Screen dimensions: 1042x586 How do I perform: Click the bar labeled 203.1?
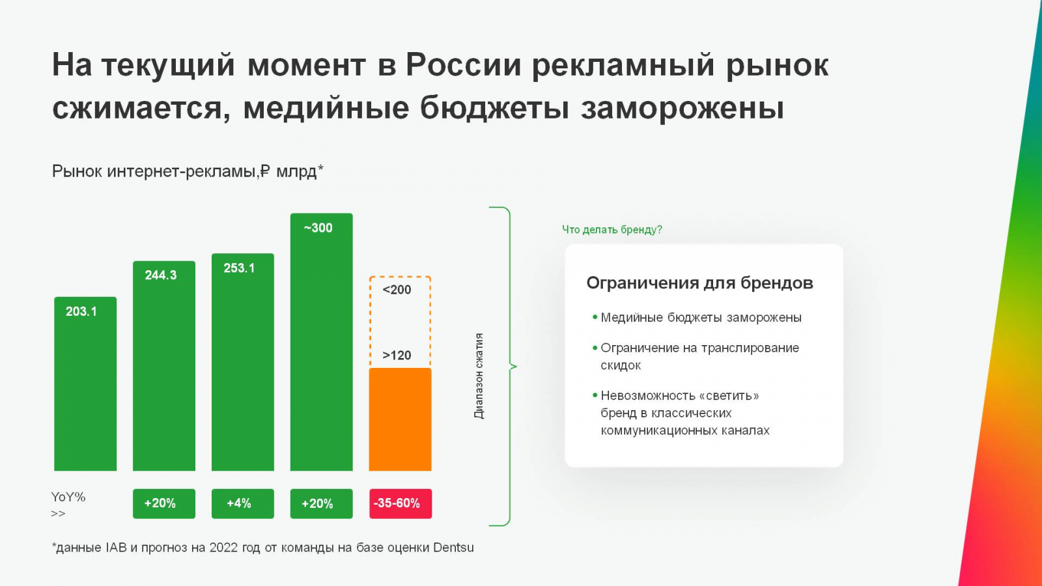[x=85, y=384]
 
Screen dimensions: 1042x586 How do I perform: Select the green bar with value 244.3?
[x=163, y=366]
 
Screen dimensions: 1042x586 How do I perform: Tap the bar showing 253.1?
[x=242, y=362]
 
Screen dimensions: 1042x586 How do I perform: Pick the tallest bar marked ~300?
[x=322, y=342]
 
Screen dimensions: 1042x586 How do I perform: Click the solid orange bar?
[x=400, y=419]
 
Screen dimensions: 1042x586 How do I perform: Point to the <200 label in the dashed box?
[x=397, y=290]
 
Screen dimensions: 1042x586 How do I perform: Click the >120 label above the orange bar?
[x=397, y=356]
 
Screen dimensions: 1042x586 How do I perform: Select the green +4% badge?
[x=242, y=504]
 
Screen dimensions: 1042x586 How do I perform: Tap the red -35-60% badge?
[x=401, y=504]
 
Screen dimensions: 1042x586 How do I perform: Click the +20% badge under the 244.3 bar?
[x=163, y=504]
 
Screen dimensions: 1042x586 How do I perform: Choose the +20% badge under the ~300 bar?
[x=322, y=504]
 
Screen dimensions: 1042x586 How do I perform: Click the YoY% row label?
[x=68, y=497]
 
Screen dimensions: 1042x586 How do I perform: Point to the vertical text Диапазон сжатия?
[x=479, y=376]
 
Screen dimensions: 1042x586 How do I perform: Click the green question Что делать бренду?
[x=612, y=230]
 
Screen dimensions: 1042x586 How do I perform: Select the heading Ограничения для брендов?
[x=699, y=283]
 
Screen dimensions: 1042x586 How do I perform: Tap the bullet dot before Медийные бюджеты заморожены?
[x=595, y=317]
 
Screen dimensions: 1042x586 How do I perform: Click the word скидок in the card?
[x=621, y=365]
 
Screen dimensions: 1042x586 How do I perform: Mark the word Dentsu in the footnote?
[x=453, y=548]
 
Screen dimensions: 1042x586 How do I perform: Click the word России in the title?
[x=463, y=65]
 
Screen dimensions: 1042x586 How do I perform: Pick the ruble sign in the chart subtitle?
[x=264, y=171]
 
